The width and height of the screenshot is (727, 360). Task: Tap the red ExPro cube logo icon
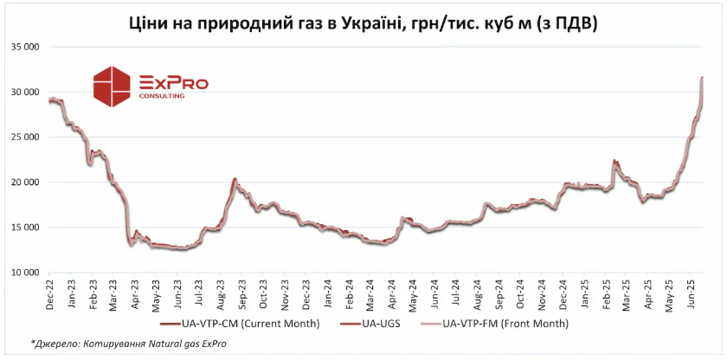tap(113, 85)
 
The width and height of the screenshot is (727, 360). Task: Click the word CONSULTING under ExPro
tap(162, 96)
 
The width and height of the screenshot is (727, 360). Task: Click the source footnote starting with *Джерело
tap(126, 344)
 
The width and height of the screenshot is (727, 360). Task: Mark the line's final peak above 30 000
tap(701, 78)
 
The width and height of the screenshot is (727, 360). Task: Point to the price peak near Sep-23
tap(235, 179)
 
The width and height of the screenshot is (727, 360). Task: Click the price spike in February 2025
tap(614, 161)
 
